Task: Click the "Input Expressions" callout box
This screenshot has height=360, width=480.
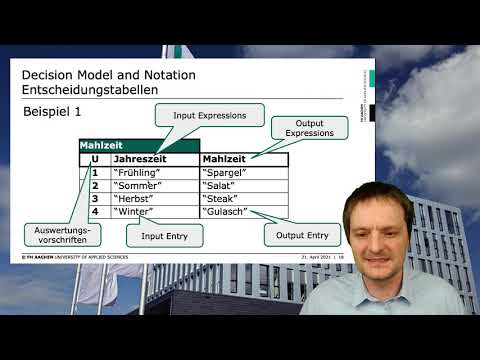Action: [x=210, y=115]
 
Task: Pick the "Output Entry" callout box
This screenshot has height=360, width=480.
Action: [x=302, y=234]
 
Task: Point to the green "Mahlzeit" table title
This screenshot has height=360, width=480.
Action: [x=99, y=145]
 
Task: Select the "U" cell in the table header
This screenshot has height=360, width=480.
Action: [x=94, y=158]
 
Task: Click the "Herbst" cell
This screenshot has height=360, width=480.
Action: [x=137, y=198]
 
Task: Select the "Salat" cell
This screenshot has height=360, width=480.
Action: [x=220, y=185]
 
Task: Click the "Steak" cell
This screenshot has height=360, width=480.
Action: [x=221, y=198]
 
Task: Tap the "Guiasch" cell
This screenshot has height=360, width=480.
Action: [x=226, y=211]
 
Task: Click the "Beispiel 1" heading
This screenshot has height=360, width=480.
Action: [x=51, y=112]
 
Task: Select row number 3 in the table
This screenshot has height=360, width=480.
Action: [x=95, y=198]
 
